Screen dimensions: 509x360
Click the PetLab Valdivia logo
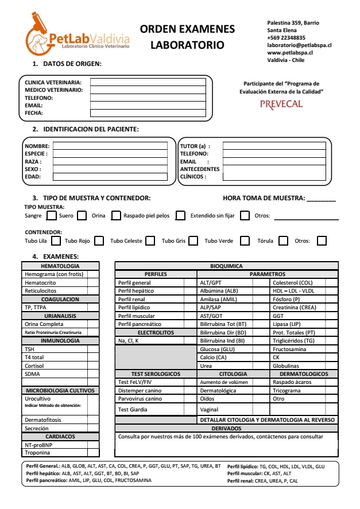click(x=77, y=34)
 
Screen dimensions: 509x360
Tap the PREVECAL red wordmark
click(x=281, y=104)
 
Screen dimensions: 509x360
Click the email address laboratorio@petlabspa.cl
click(x=299, y=45)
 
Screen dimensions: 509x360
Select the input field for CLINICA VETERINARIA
click(x=148, y=82)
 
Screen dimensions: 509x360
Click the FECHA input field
click(x=148, y=113)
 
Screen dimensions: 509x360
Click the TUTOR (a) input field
click(x=272, y=146)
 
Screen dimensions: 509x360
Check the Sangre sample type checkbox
click(x=51, y=216)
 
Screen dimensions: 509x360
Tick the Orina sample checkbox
click(x=114, y=216)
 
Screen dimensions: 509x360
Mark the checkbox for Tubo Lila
click(x=56, y=241)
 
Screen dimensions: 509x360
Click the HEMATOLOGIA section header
click(x=60, y=266)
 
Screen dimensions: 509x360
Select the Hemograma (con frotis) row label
click(x=54, y=274)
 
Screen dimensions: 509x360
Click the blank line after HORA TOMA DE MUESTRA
click(x=322, y=200)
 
